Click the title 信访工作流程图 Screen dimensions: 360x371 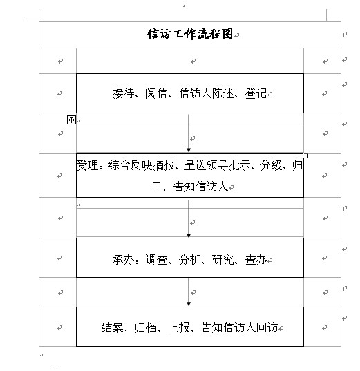tap(190, 34)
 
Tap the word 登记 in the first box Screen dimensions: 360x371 tap(256, 93)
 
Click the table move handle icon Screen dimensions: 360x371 tap(71, 120)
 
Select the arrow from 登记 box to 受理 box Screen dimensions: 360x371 tap(189, 133)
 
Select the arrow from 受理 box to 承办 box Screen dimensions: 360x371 tap(189, 218)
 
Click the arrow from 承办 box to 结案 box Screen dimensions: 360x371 tap(189, 292)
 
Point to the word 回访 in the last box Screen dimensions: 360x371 tap(267, 327)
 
